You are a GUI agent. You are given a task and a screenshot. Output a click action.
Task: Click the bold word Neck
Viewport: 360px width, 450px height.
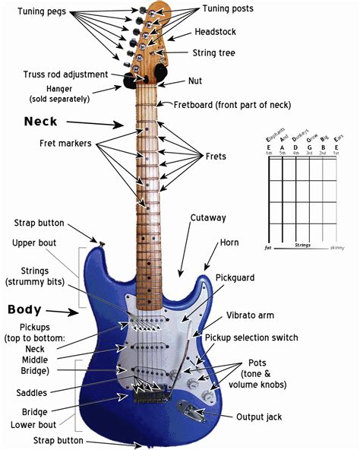[40, 121]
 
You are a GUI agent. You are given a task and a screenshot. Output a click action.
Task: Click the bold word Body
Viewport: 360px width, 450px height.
[29, 310]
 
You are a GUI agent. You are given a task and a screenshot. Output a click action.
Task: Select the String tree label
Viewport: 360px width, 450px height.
[215, 53]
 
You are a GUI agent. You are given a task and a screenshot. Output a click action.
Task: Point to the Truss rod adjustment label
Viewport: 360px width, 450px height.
[58, 74]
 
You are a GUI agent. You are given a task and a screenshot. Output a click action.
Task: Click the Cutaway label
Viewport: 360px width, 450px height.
[208, 218]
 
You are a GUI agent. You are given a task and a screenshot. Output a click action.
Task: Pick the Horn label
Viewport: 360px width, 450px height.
[229, 243]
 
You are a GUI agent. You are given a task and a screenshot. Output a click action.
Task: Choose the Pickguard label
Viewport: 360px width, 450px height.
[237, 278]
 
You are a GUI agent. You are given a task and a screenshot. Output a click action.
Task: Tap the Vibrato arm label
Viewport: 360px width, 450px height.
[250, 315]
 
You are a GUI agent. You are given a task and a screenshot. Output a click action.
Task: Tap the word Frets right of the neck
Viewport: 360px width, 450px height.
[216, 156]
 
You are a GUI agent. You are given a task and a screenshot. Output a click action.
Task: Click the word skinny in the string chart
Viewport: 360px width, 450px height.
[336, 248]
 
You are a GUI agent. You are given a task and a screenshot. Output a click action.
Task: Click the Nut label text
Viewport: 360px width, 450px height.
[195, 81]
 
